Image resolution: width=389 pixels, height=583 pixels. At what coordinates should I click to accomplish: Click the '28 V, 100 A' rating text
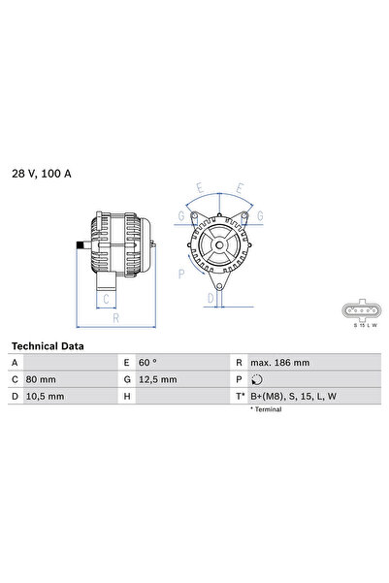[41, 173]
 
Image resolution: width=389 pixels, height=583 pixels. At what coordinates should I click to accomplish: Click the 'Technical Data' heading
[48, 345]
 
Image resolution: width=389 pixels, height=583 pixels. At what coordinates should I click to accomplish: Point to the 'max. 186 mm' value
[280, 361]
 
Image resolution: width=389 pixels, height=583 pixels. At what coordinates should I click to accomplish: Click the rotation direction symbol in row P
[256, 379]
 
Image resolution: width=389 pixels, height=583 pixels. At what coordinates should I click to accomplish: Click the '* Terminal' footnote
[267, 410]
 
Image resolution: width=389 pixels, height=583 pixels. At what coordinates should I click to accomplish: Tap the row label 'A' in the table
[15, 361]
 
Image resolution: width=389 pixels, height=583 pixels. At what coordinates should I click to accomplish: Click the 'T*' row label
[239, 397]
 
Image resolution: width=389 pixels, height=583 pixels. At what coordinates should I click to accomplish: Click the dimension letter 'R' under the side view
[115, 316]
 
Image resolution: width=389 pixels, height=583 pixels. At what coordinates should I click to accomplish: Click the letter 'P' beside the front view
[183, 274]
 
